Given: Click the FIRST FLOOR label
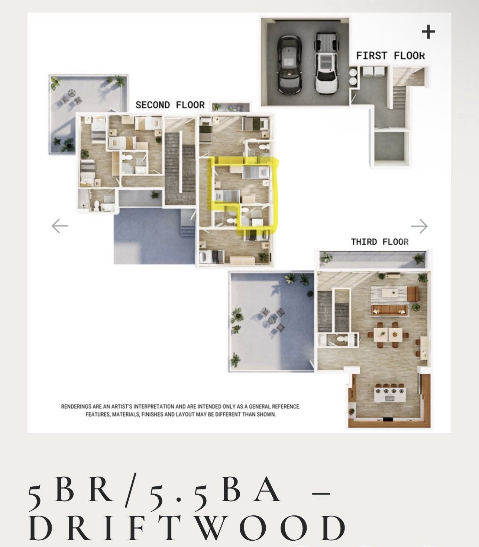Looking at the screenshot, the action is [391, 56].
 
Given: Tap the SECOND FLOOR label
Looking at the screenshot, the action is [170, 105].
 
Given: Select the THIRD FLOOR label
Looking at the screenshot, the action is [379, 242].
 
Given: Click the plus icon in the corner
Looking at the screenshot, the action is [428, 32].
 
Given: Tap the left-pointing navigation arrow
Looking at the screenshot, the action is [59, 226].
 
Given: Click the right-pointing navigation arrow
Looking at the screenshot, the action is [419, 226].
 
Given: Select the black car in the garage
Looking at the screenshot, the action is [289, 65].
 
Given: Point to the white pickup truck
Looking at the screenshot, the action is [326, 64].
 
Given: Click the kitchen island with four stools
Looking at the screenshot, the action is [390, 394].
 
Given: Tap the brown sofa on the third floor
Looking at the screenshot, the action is [389, 310].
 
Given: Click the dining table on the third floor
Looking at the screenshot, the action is [388, 334].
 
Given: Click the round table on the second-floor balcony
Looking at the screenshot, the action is [71, 93].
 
